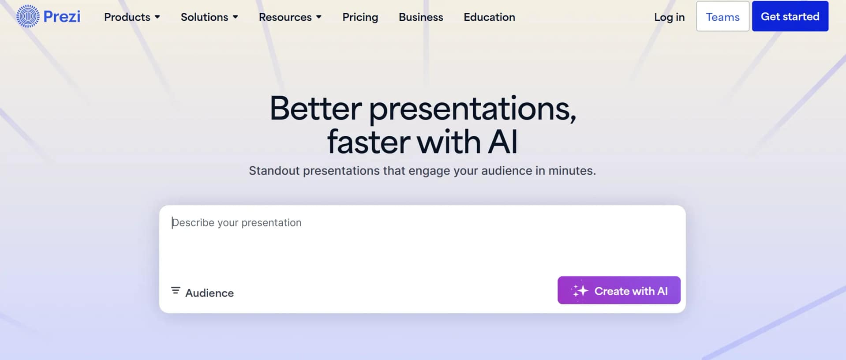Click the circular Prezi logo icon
pyautogui.click(x=28, y=17)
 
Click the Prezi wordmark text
pyautogui.click(x=62, y=17)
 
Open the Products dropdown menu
pyautogui.click(x=131, y=17)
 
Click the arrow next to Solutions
pyautogui.click(x=236, y=17)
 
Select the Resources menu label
pyautogui.click(x=285, y=17)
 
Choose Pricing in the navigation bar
pyautogui.click(x=360, y=17)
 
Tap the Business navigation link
pyautogui.click(x=420, y=17)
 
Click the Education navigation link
pyautogui.click(x=489, y=17)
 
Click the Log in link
pyautogui.click(x=669, y=17)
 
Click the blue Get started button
pyautogui.click(x=790, y=16)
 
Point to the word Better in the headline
pyautogui.click(x=315, y=108)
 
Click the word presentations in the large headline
pyautogui.click(x=472, y=109)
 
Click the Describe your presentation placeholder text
pyautogui.click(x=237, y=223)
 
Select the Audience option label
pyautogui.click(x=209, y=293)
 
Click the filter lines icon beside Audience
pyautogui.click(x=176, y=290)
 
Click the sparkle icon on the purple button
pyautogui.click(x=580, y=291)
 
